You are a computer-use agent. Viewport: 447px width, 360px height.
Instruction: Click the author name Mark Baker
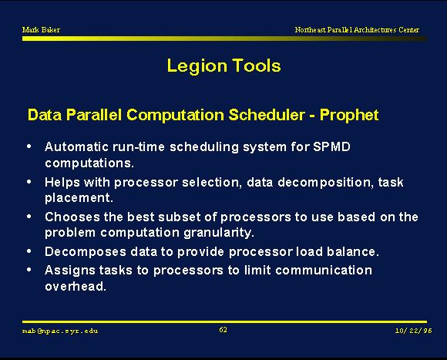coord(41,29)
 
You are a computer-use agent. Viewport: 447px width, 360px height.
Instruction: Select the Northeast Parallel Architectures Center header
coord(357,29)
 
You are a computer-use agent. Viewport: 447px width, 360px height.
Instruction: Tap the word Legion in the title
coord(197,66)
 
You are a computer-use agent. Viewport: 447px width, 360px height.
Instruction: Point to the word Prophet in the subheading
coord(349,116)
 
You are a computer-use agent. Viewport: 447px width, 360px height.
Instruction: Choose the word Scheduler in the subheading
coord(267,115)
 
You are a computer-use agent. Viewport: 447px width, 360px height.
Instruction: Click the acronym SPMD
coord(331,146)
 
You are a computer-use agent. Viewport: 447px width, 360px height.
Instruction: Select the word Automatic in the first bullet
coord(76,146)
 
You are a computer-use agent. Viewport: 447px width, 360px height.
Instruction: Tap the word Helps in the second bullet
coord(62,183)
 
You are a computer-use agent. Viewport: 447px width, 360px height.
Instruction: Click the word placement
coord(79,198)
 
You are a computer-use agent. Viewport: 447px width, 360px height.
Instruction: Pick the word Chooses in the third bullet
coord(72,217)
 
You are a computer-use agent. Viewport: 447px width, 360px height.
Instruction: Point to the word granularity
coord(219,233)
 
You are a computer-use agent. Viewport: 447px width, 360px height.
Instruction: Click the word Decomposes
coord(86,252)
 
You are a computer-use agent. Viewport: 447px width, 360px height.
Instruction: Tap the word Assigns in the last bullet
coord(70,271)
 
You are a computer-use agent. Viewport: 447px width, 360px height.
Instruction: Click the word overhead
coord(76,287)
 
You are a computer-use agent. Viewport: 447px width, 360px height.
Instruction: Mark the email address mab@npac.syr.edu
coord(60,331)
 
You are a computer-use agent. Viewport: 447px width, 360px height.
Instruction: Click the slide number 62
coord(223,330)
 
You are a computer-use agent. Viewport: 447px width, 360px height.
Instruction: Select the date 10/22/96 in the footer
coord(413,331)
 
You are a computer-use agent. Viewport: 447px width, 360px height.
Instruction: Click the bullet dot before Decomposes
coord(29,251)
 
